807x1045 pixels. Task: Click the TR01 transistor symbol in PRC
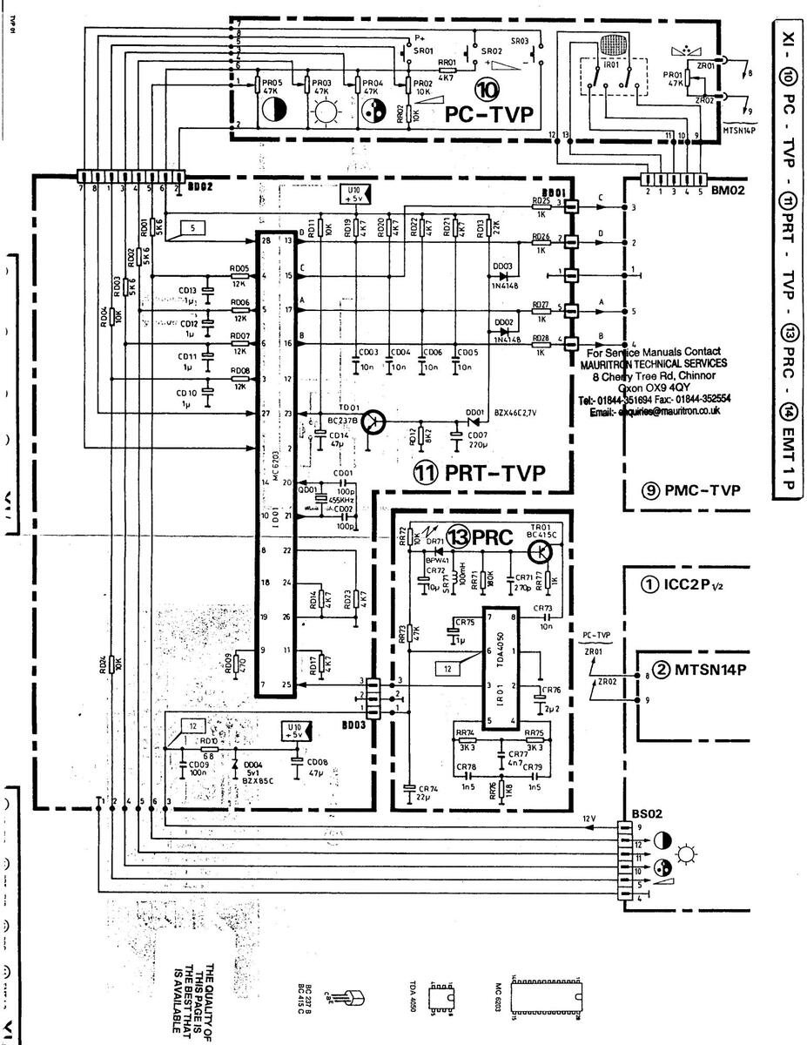(x=541, y=550)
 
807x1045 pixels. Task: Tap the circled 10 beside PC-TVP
(x=487, y=88)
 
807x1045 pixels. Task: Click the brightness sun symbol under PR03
(x=324, y=114)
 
